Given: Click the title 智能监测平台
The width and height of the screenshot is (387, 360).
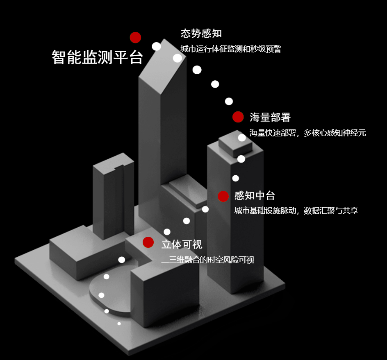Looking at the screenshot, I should (x=97, y=57).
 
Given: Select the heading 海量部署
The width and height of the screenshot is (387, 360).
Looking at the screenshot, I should (x=270, y=118).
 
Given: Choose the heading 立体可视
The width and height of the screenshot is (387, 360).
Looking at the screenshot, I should (x=182, y=245).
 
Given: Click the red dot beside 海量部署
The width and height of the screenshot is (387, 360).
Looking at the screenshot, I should (x=238, y=117).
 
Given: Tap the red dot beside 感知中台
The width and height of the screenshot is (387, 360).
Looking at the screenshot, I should (x=223, y=196).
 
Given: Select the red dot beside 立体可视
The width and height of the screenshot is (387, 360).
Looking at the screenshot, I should (x=148, y=242).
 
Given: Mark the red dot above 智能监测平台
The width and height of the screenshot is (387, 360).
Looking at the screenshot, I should (x=135, y=38).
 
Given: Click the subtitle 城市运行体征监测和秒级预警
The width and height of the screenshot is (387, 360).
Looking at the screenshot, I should (x=231, y=49).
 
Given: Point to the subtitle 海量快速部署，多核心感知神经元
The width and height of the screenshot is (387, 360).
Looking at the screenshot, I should (x=307, y=133).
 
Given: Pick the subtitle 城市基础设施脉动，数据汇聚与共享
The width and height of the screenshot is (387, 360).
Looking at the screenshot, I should (x=296, y=211).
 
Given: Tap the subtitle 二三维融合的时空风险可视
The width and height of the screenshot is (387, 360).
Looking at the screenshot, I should (x=207, y=260).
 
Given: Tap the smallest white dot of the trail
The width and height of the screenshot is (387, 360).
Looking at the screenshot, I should (x=119, y=324).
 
